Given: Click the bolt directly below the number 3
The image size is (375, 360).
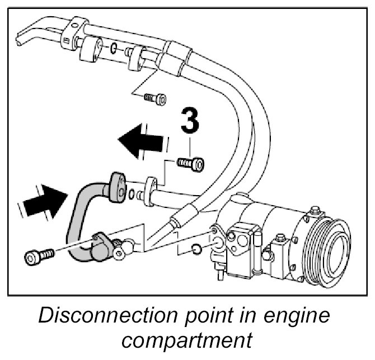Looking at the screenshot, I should coord(191,164).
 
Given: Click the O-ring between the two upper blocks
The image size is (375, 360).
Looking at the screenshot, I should coord(114,49).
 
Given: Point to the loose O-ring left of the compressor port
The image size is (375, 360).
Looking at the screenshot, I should coord(195,248).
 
